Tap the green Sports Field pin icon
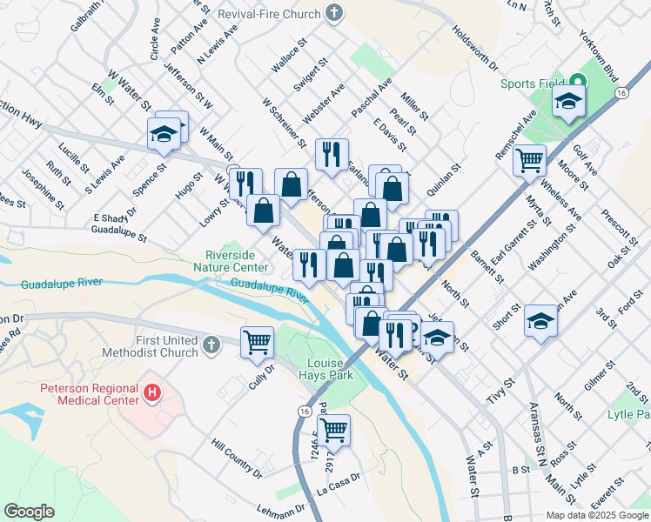[578, 84]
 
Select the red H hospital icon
[153, 393]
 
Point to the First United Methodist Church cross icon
[210, 346]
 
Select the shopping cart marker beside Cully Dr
[258, 342]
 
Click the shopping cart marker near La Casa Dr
[334, 429]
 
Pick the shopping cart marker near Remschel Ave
[529, 160]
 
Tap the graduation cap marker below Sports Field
[568, 104]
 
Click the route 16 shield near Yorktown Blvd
[621, 92]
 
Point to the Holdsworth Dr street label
[474, 48]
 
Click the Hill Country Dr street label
[236, 458]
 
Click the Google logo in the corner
[30, 512]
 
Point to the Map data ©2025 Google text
[597, 515]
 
